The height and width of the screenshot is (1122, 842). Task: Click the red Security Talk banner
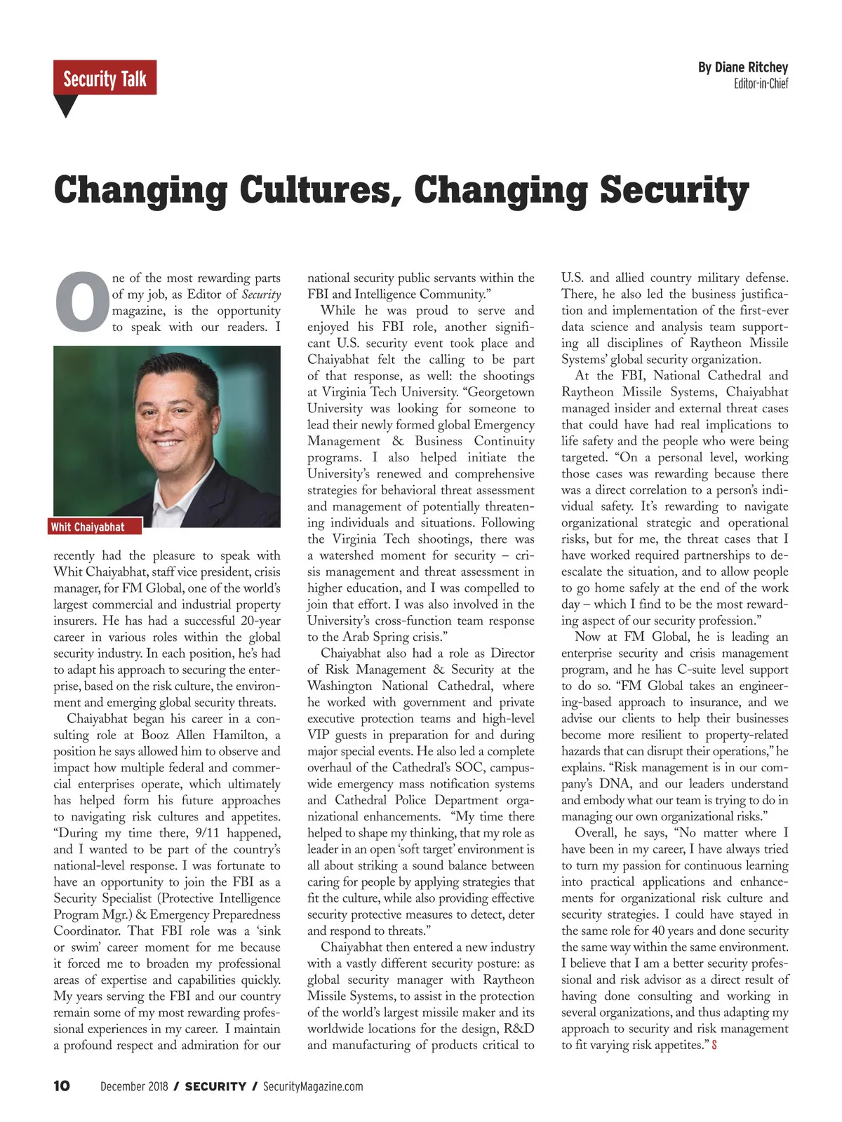point(105,78)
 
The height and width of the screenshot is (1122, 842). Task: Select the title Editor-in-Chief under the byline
point(761,84)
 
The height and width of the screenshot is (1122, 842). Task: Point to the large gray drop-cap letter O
point(81,302)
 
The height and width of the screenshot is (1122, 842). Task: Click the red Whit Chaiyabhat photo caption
point(88,527)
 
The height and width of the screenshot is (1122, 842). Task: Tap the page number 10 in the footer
point(62,1086)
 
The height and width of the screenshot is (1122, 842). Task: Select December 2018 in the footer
point(134,1086)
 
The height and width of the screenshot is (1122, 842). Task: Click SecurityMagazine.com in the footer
point(313,1086)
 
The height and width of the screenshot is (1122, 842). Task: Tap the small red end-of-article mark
point(714,1046)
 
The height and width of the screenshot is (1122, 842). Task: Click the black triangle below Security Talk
point(65,106)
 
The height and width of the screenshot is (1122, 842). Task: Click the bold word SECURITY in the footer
point(215,1086)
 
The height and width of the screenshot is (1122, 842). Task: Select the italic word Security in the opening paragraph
point(261,295)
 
